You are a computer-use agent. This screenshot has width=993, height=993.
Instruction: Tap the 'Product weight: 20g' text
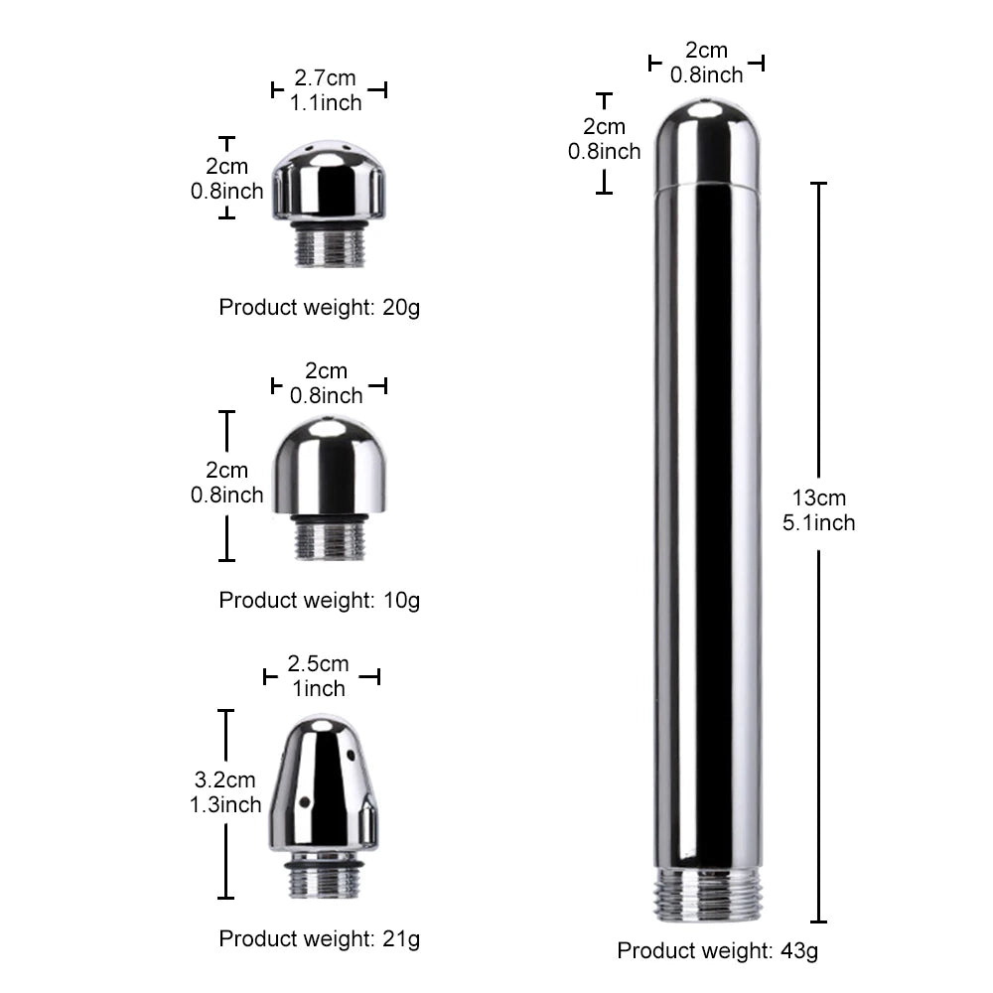click(319, 307)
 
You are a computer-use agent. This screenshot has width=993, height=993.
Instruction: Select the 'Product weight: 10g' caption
click(319, 600)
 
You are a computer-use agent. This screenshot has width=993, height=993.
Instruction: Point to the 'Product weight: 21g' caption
click(319, 938)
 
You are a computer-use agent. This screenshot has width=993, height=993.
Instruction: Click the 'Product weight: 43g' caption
click(718, 950)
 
